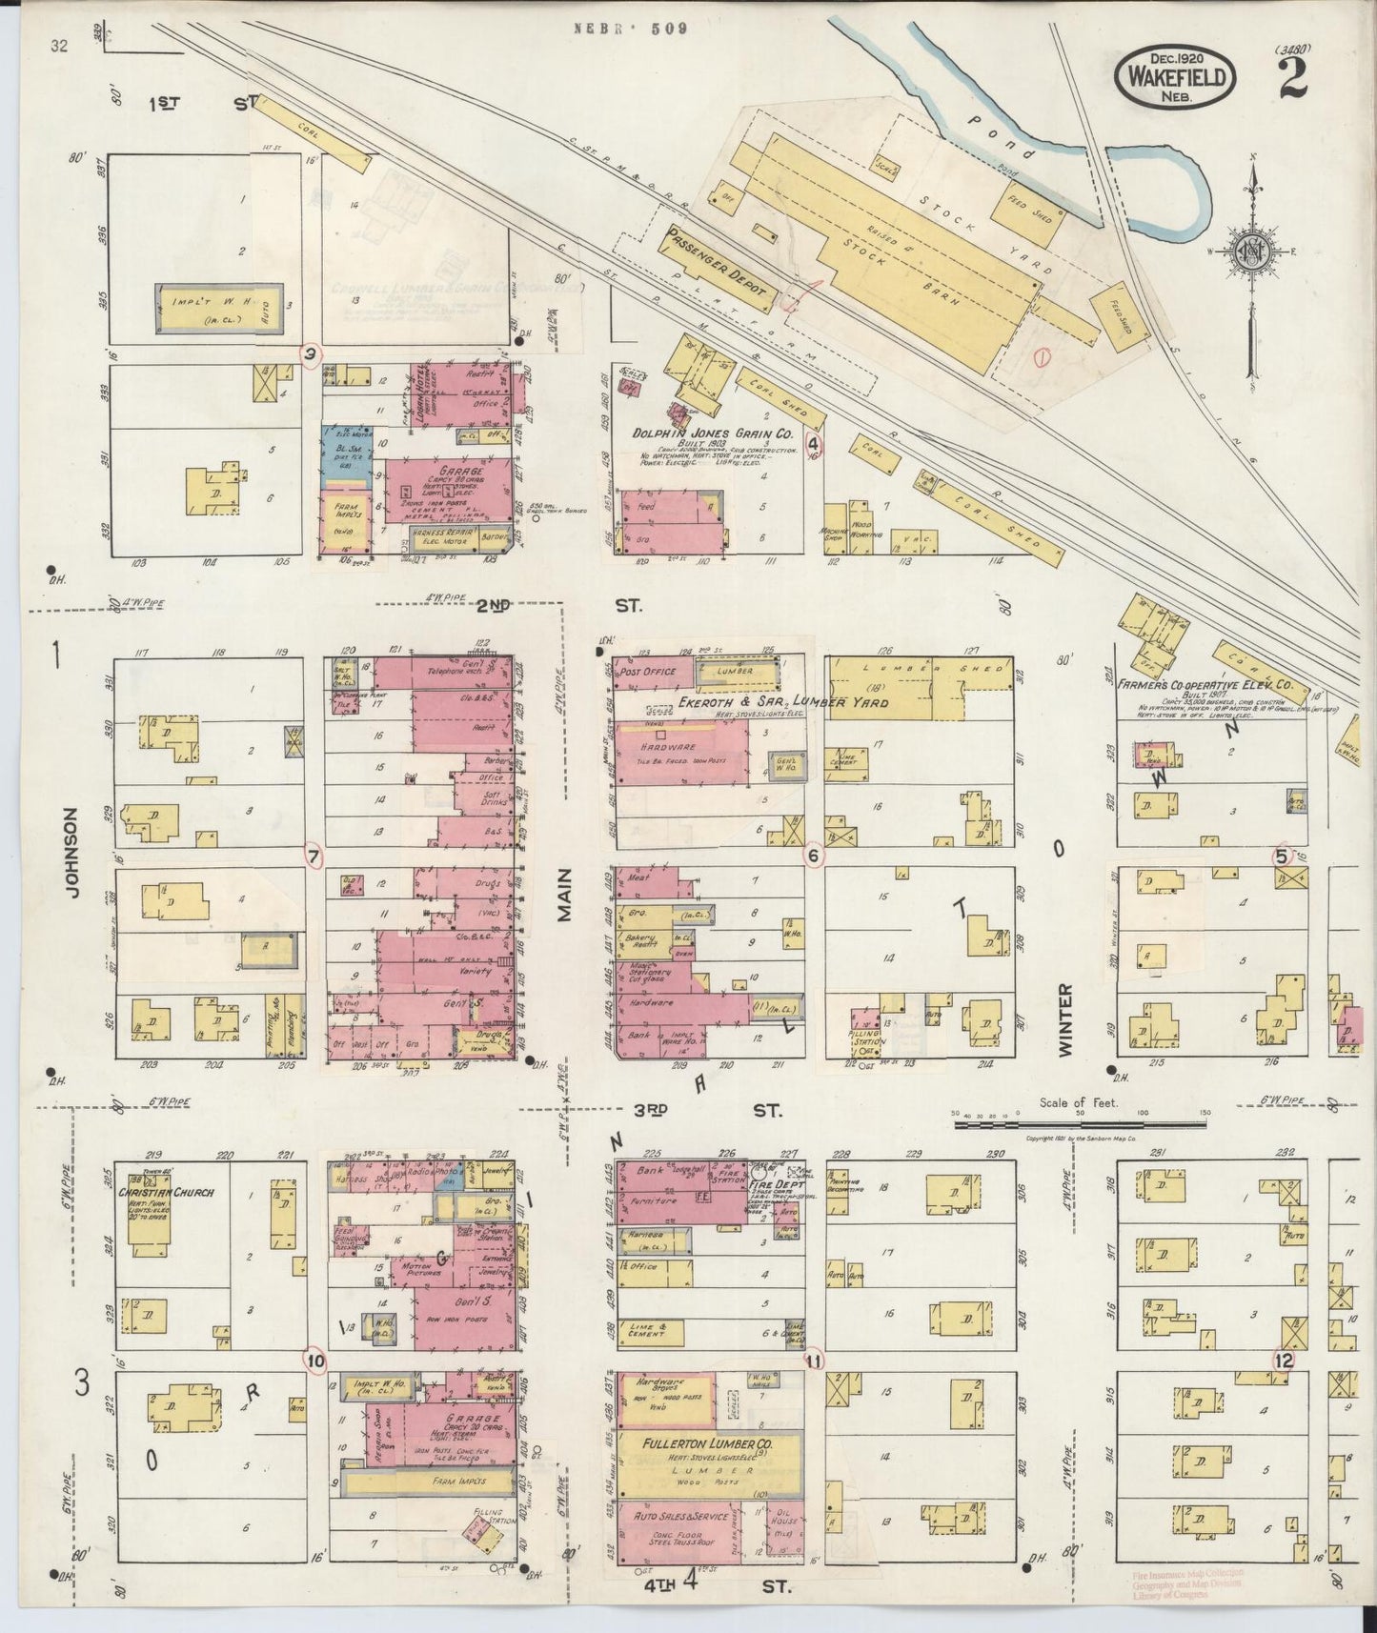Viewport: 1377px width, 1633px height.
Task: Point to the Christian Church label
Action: pyautogui.click(x=167, y=1192)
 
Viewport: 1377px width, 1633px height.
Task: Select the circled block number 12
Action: pyautogui.click(x=1284, y=1360)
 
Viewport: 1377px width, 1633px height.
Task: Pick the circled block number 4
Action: pyautogui.click(x=813, y=443)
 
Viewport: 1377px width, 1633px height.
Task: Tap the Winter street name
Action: pyautogui.click(x=1064, y=1018)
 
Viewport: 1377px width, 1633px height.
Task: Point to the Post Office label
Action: pyautogui.click(x=647, y=672)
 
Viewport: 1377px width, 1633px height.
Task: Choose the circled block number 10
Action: pyautogui.click(x=314, y=1360)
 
